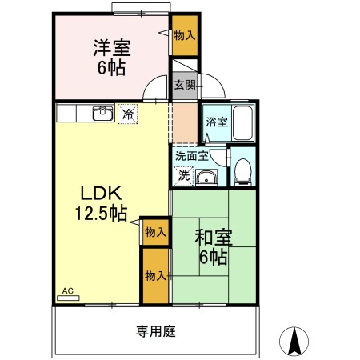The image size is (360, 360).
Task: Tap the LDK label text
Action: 99,194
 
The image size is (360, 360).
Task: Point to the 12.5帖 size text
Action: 99,214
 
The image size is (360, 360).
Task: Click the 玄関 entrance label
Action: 185,84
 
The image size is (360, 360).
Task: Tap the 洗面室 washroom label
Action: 192,156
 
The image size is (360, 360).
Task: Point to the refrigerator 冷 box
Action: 126,114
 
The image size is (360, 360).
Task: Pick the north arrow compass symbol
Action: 294,342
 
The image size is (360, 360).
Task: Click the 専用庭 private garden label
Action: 155,330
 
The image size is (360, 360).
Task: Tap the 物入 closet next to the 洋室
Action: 184,35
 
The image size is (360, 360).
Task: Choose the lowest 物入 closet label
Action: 155,275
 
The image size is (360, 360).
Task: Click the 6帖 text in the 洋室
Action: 112,68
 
